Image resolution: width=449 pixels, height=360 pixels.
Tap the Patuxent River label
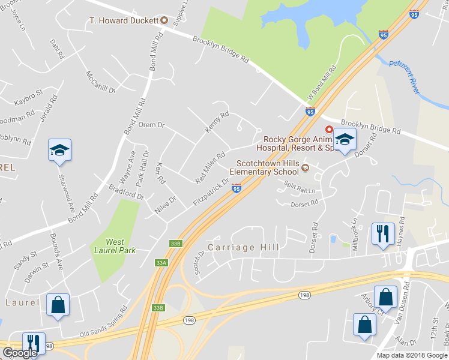point(404,76)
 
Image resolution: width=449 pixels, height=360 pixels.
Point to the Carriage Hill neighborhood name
point(236,247)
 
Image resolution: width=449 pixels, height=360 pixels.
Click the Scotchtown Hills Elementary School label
point(267,167)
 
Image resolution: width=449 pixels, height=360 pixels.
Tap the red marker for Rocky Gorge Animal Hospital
point(328,129)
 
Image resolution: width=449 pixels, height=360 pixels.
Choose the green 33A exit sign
point(160,263)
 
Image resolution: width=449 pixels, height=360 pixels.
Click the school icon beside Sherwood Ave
point(59,149)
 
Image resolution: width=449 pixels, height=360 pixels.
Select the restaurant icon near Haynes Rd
point(382,233)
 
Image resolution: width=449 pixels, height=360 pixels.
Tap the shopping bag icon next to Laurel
point(58,304)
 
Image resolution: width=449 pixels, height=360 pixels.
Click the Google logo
point(20,353)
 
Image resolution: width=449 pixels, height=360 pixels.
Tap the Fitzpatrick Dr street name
point(212,192)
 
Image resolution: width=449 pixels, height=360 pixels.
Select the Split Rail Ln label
point(300,187)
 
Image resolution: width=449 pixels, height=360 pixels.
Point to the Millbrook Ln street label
point(355,230)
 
